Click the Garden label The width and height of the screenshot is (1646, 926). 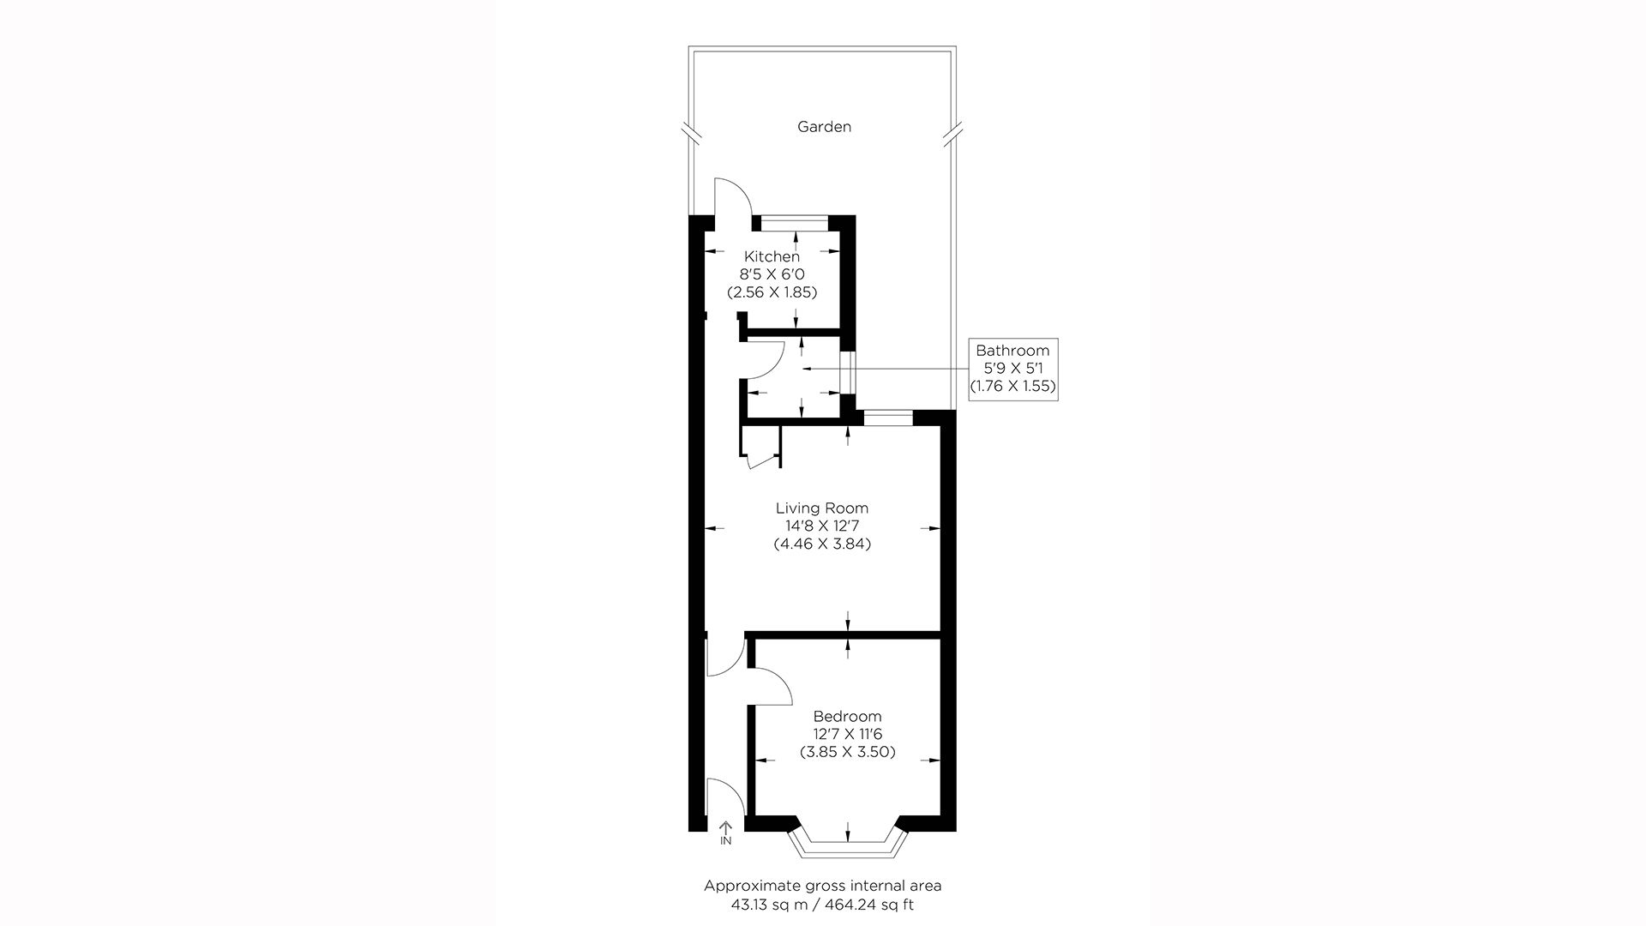pyautogui.click(x=824, y=127)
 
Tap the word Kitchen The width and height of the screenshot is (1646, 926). pyautogui.click(x=772, y=256)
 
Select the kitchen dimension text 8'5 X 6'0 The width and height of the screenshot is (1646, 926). pyautogui.click(x=772, y=274)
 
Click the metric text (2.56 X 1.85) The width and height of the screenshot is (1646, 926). pyautogui.click(x=772, y=292)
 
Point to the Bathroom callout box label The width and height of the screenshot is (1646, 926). pyautogui.click(x=1012, y=351)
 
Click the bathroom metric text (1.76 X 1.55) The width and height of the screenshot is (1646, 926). pyautogui.click(x=1012, y=387)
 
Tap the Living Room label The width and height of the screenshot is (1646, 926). pyautogui.click(x=822, y=508)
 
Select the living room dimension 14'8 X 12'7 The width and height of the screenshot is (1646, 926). pyautogui.click(x=822, y=526)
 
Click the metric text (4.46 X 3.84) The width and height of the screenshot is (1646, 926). pyautogui.click(x=822, y=544)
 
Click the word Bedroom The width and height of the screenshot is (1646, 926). pyautogui.click(x=847, y=717)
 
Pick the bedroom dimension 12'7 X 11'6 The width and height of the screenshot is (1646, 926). pyautogui.click(x=847, y=734)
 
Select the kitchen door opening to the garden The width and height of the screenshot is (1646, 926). pyautogui.click(x=732, y=199)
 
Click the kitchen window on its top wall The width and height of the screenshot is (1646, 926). pyautogui.click(x=796, y=223)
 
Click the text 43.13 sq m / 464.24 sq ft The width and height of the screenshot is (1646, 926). pyautogui.click(x=822, y=904)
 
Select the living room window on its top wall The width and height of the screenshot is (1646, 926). pyautogui.click(x=888, y=418)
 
